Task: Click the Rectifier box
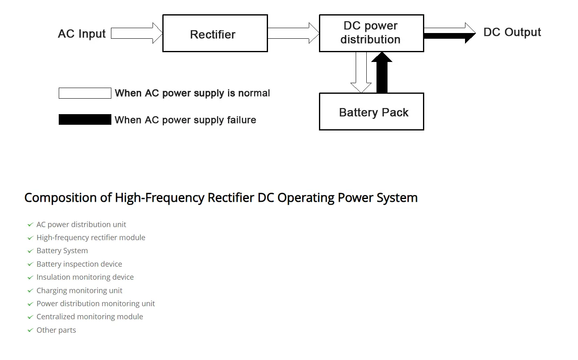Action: [x=215, y=33]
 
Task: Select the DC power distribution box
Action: [x=371, y=33]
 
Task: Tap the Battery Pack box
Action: [x=371, y=112]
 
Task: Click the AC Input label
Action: [x=82, y=33]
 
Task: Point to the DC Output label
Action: [x=512, y=32]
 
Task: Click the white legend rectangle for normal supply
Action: [x=85, y=93]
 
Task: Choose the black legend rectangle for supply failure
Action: [x=85, y=119]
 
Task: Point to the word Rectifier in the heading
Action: [x=231, y=198]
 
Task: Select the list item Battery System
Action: [x=62, y=251]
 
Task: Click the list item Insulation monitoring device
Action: [x=85, y=277]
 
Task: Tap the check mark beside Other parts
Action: [x=30, y=330]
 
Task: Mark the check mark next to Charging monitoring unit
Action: [x=30, y=291]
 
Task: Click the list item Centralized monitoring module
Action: [x=90, y=317]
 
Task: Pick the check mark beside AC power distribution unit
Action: [x=30, y=225]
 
